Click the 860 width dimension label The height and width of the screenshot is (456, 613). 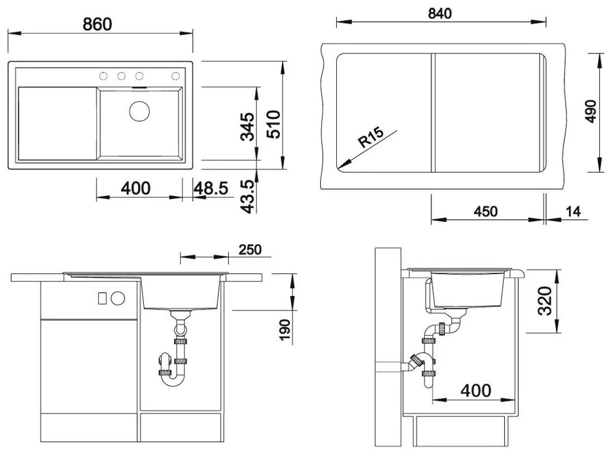pyautogui.click(x=98, y=24)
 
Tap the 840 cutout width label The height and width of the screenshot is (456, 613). pyautogui.click(x=440, y=14)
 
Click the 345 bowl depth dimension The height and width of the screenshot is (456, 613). pyautogui.click(x=248, y=127)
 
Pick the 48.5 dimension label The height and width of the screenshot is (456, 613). pyautogui.click(x=211, y=189)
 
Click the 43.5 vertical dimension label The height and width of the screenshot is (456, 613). pyautogui.click(x=248, y=197)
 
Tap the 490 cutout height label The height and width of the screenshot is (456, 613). pyautogui.click(x=590, y=111)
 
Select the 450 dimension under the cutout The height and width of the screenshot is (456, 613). pyautogui.click(x=486, y=212)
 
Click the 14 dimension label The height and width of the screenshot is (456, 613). pyautogui.click(x=573, y=212)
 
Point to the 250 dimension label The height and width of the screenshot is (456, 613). pyautogui.click(x=250, y=250)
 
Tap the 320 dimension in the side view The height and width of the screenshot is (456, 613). pyautogui.click(x=545, y=301)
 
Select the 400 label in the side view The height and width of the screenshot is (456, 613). pyautogui.click(x=476, y=390)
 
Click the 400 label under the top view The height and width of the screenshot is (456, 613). pyautogui.click(x=136, y=189)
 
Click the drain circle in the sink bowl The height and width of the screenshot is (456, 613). pyautogui.click(x=139, y=111)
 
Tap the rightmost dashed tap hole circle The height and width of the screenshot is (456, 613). pyautogui.click(x=176, y=76)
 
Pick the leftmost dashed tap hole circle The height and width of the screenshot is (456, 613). pyautogui.click(x=103, y=76)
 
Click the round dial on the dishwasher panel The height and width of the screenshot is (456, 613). pyautogui.click(x=117, y=299)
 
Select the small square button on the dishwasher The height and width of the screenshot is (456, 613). pyautogui.click(x=102, y=298)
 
